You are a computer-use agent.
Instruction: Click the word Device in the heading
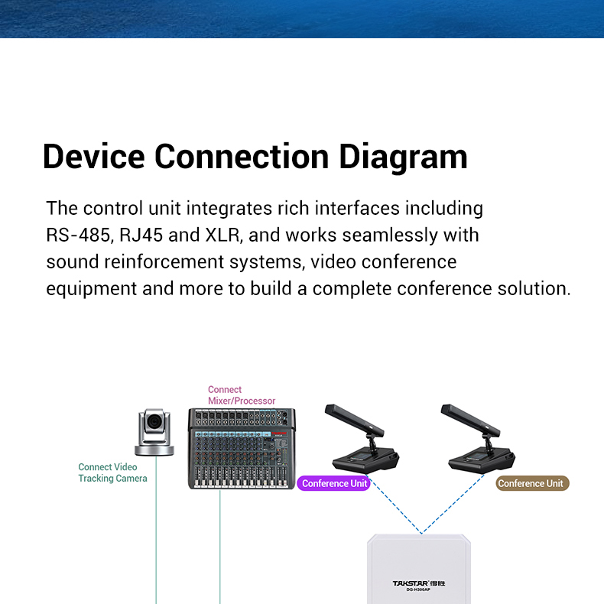(x=93, y=157)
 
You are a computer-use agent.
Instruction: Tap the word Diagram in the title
(x=403, y=158)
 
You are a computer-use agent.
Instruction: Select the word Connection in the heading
(x=242, y=157)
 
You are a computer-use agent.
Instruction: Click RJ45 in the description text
(x=141, y=235)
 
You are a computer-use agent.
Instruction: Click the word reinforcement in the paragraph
(x=164, y=262)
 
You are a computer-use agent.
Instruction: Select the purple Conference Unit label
(x=334, y=483)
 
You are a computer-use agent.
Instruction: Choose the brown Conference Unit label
(x=532, y=483)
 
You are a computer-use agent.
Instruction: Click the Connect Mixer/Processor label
(x=242, y=395)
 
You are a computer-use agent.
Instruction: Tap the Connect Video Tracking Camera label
(x=112, y=472)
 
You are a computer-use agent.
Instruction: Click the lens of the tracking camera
(x=155, y=421)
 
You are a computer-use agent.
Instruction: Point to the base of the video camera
(x=154, y=450)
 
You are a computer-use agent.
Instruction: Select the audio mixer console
(x=242, y=449)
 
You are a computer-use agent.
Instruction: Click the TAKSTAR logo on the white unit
(x=418, y=583)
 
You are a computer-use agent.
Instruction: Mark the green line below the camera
(x=156, y=531)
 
